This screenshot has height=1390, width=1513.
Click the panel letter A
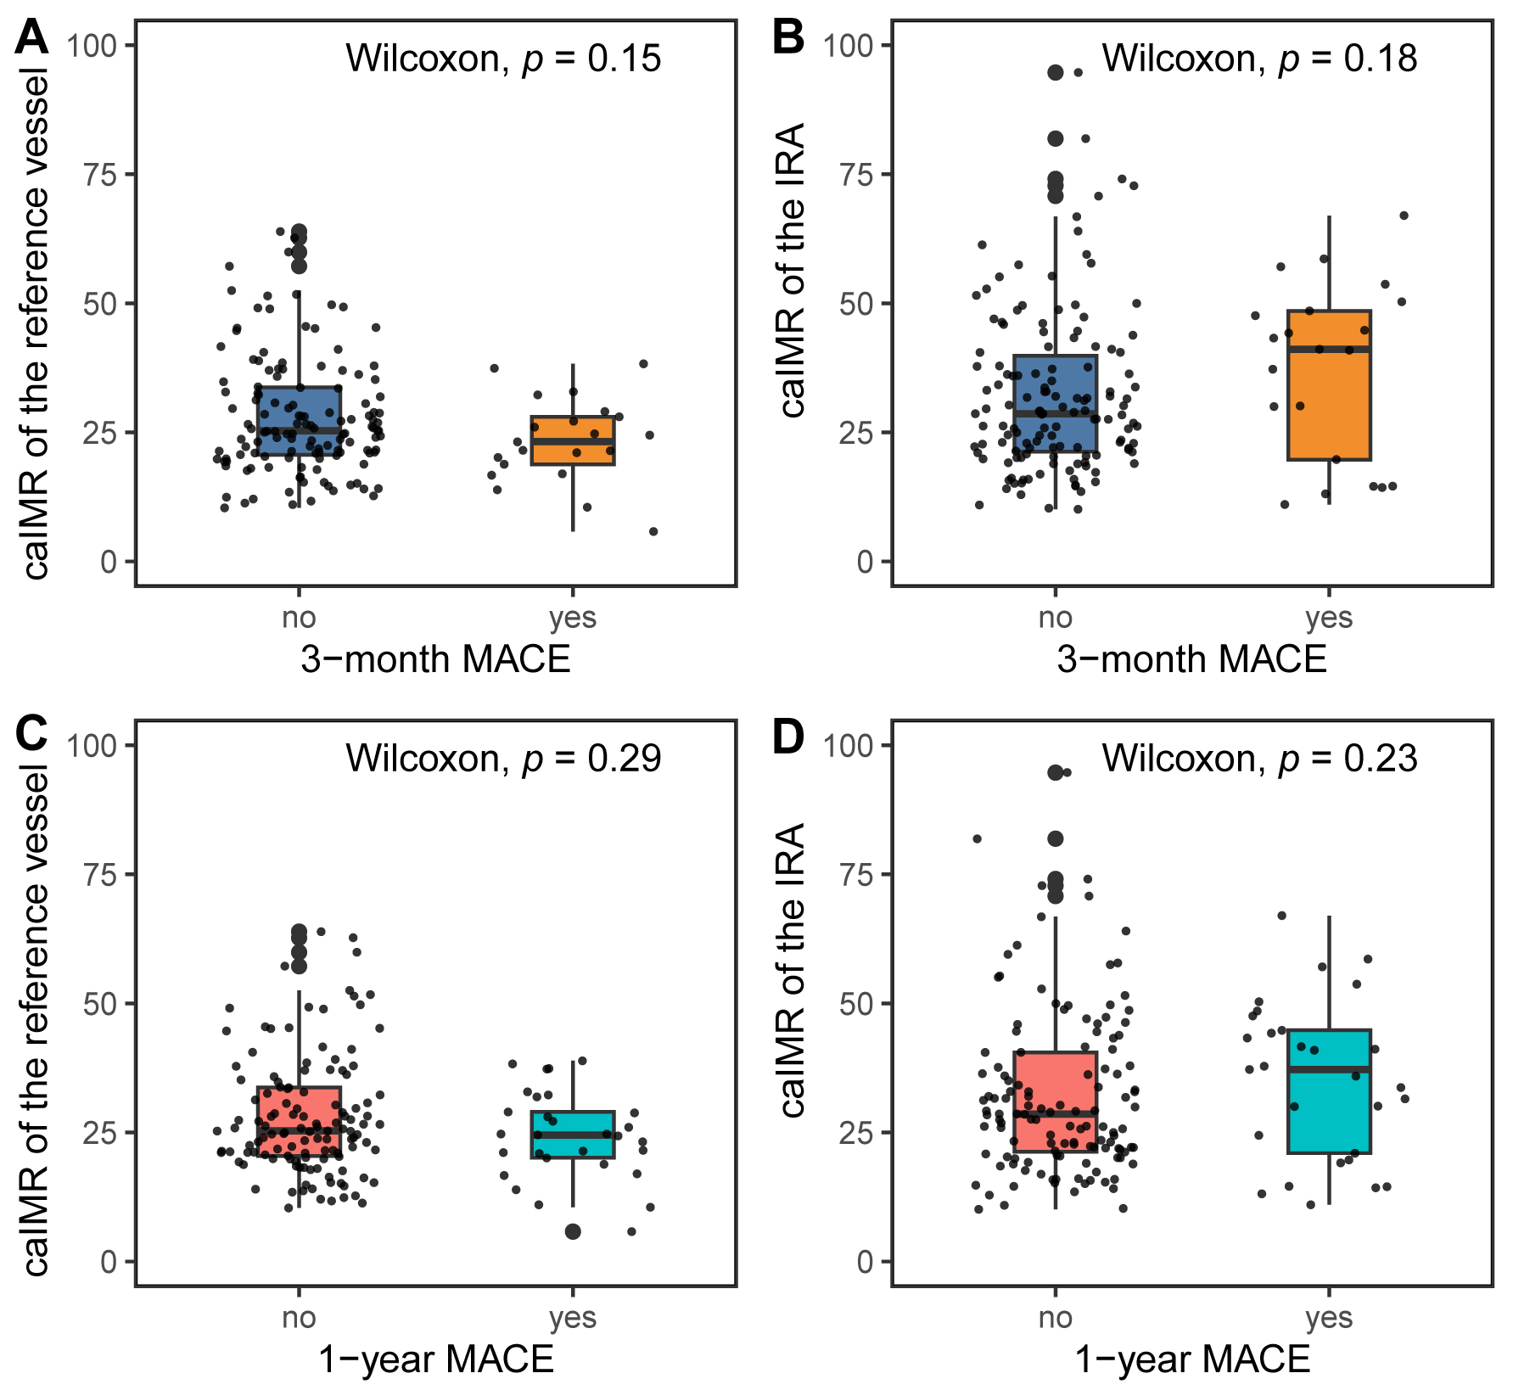click(31, 38)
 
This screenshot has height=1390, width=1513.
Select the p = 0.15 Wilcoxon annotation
click(503, 59)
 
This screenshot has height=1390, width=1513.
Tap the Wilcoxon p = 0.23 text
click(1259, 758)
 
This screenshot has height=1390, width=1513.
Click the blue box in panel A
click(300, 421)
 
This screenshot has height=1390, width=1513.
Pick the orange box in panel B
click(1329, 385)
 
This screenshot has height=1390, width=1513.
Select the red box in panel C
click(300, 1120)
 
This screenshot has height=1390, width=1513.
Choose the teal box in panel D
click(1329, 1091)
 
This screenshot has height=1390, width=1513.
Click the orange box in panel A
click(573, 440)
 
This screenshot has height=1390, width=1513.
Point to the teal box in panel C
click(573, 1134)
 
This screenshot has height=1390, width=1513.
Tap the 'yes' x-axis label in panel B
click(1329, 618)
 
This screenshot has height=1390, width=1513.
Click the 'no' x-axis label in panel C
click(300, 1317)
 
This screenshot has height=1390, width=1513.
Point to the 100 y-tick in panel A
click(92, 45)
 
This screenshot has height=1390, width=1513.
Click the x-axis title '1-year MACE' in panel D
click(1192, 1359)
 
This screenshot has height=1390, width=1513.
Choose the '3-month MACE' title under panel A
click(435, 659)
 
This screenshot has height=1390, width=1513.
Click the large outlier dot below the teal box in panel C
click(573, 1232)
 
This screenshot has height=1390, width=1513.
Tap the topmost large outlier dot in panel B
click(1056, 73)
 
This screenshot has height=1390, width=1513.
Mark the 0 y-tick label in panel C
click(108, 1262)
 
